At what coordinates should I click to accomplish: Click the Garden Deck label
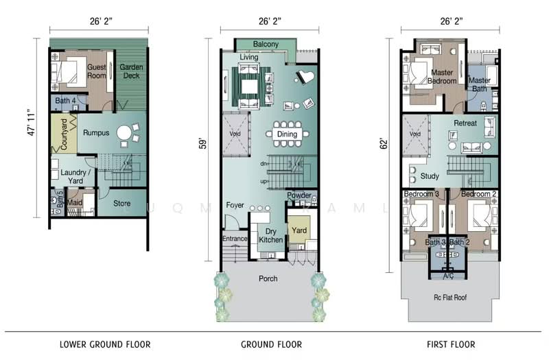point(131,71)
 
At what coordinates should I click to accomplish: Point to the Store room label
point(121,203)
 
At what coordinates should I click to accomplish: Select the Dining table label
point(287,134)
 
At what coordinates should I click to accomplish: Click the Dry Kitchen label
point(270,236)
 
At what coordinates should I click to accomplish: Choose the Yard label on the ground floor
point(299,231)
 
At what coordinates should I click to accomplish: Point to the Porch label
point(268,279)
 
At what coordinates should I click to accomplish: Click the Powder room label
point(299,195)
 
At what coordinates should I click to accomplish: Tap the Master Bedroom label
point(443,76)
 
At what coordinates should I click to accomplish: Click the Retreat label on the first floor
point(465,123)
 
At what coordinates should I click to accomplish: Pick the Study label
point(430,176)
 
